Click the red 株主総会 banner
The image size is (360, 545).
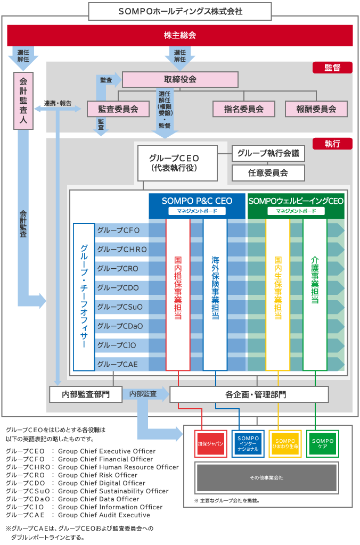(x=180, y=36)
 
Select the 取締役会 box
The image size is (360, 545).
(x=180, y=79)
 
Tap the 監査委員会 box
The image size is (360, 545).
(x=118, y=109)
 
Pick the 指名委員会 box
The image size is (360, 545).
(x=244, y=109)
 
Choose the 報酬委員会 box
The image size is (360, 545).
(x=316, y=109)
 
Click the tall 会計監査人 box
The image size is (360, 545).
(x=23, y=101)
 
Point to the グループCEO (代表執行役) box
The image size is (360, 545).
(x=177, y=163)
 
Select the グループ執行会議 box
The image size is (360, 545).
(x=268, y=154)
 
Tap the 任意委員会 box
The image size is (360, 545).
(x=268, y=173)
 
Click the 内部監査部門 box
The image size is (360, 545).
(x=86, y=394)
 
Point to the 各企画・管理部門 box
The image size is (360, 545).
(x=249, y=394)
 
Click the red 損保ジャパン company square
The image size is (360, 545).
(x=210, y=443)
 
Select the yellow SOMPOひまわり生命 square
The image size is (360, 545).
(x=285, y=443)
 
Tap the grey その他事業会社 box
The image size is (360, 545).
(x=266, y=478)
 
